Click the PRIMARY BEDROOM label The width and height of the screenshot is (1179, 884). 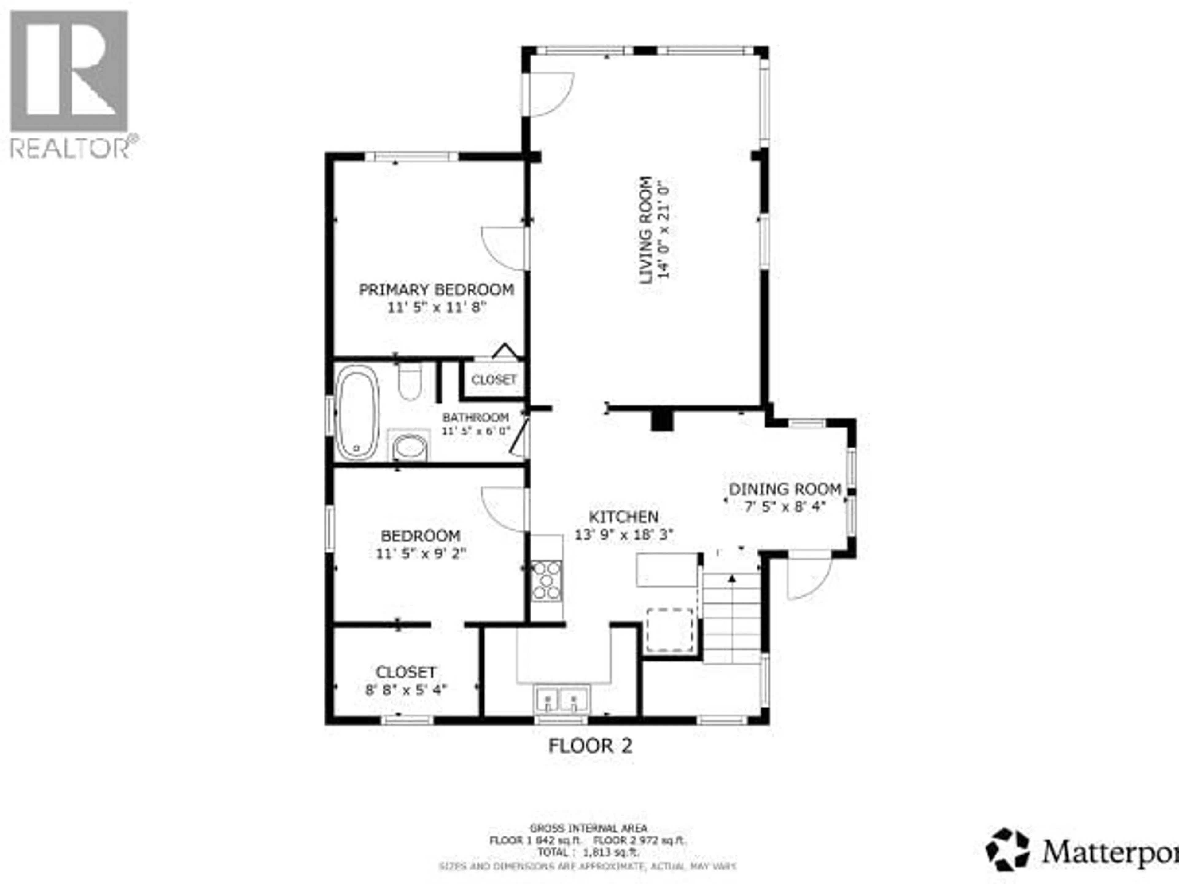(x=436, y=290)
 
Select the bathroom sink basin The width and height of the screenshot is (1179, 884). (x=409, y=447)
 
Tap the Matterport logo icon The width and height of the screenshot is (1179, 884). (x=1007, y=849)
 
